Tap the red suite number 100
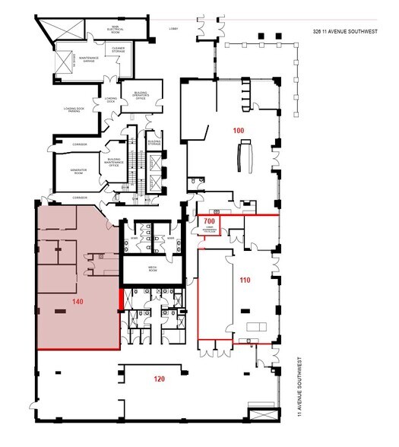(x=239, y=132)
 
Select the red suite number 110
(x=245, y=280)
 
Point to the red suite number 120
(x=160, y=377)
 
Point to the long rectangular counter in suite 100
(x=245, y=157)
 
